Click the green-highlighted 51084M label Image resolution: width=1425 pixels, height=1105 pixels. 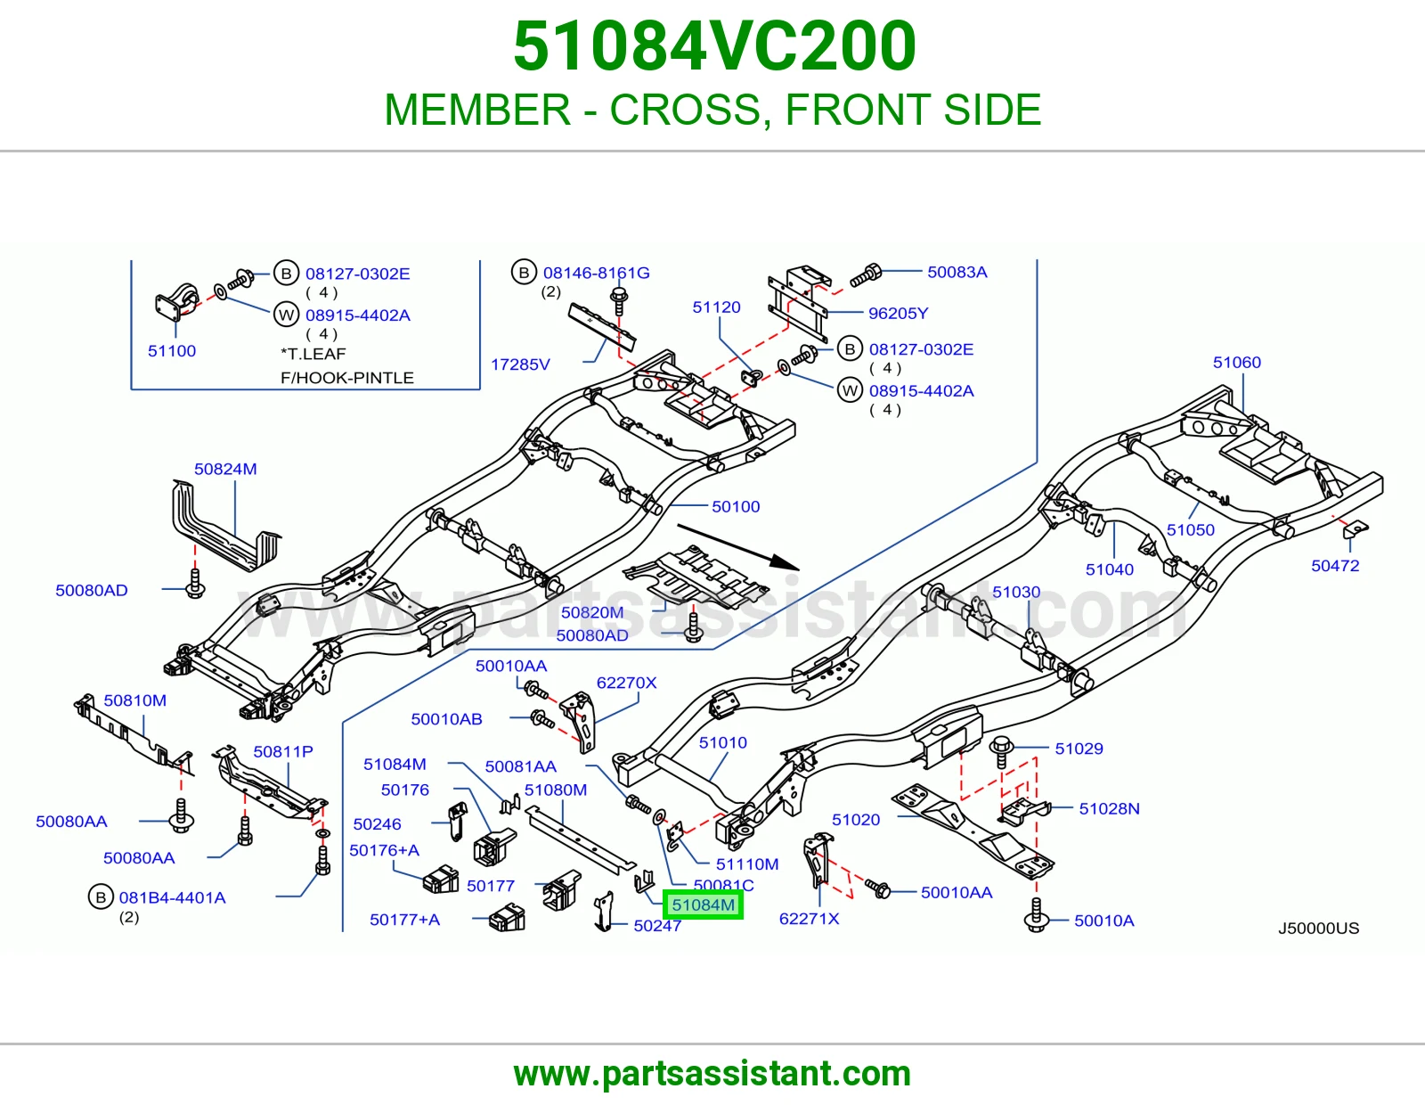tap(703, 904)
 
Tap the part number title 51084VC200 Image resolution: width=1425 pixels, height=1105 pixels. tap(714, 45)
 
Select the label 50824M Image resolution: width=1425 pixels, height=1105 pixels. tap(225, 469)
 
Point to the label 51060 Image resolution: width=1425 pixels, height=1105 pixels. tap(1237, 362)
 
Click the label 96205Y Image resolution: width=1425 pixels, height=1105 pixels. tap(898, 313)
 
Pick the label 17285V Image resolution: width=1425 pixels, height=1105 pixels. tap(520, 364)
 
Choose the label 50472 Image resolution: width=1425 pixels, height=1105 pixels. tap(1335, 566)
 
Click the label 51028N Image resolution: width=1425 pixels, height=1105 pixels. tap(1109, 808)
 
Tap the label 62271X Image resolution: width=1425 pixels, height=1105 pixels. tap(809, 919)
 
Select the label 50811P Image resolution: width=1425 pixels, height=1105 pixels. tap(282, 751)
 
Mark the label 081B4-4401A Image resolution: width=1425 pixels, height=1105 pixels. tap(172, 897)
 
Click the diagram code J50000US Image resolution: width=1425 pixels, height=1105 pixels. tap(1318, 929)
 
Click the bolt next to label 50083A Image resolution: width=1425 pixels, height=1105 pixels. tap(866, 275)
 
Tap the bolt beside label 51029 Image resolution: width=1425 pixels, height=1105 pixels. tap(1001, 751)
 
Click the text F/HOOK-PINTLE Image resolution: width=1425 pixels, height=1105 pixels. tap(347, 378)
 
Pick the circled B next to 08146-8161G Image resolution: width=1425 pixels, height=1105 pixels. tap(524, 273)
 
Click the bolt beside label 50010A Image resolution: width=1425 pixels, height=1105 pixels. tap(1036, 914)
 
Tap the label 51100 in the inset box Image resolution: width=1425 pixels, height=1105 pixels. tap(172, 351)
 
